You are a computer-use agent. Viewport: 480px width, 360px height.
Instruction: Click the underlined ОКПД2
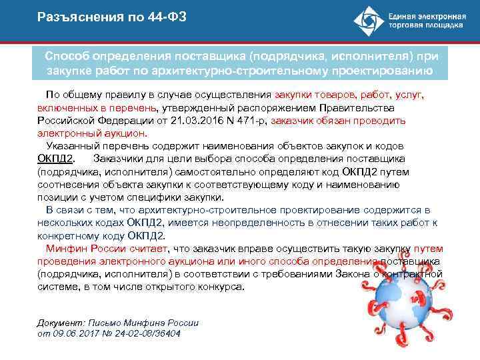point(56,159)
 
